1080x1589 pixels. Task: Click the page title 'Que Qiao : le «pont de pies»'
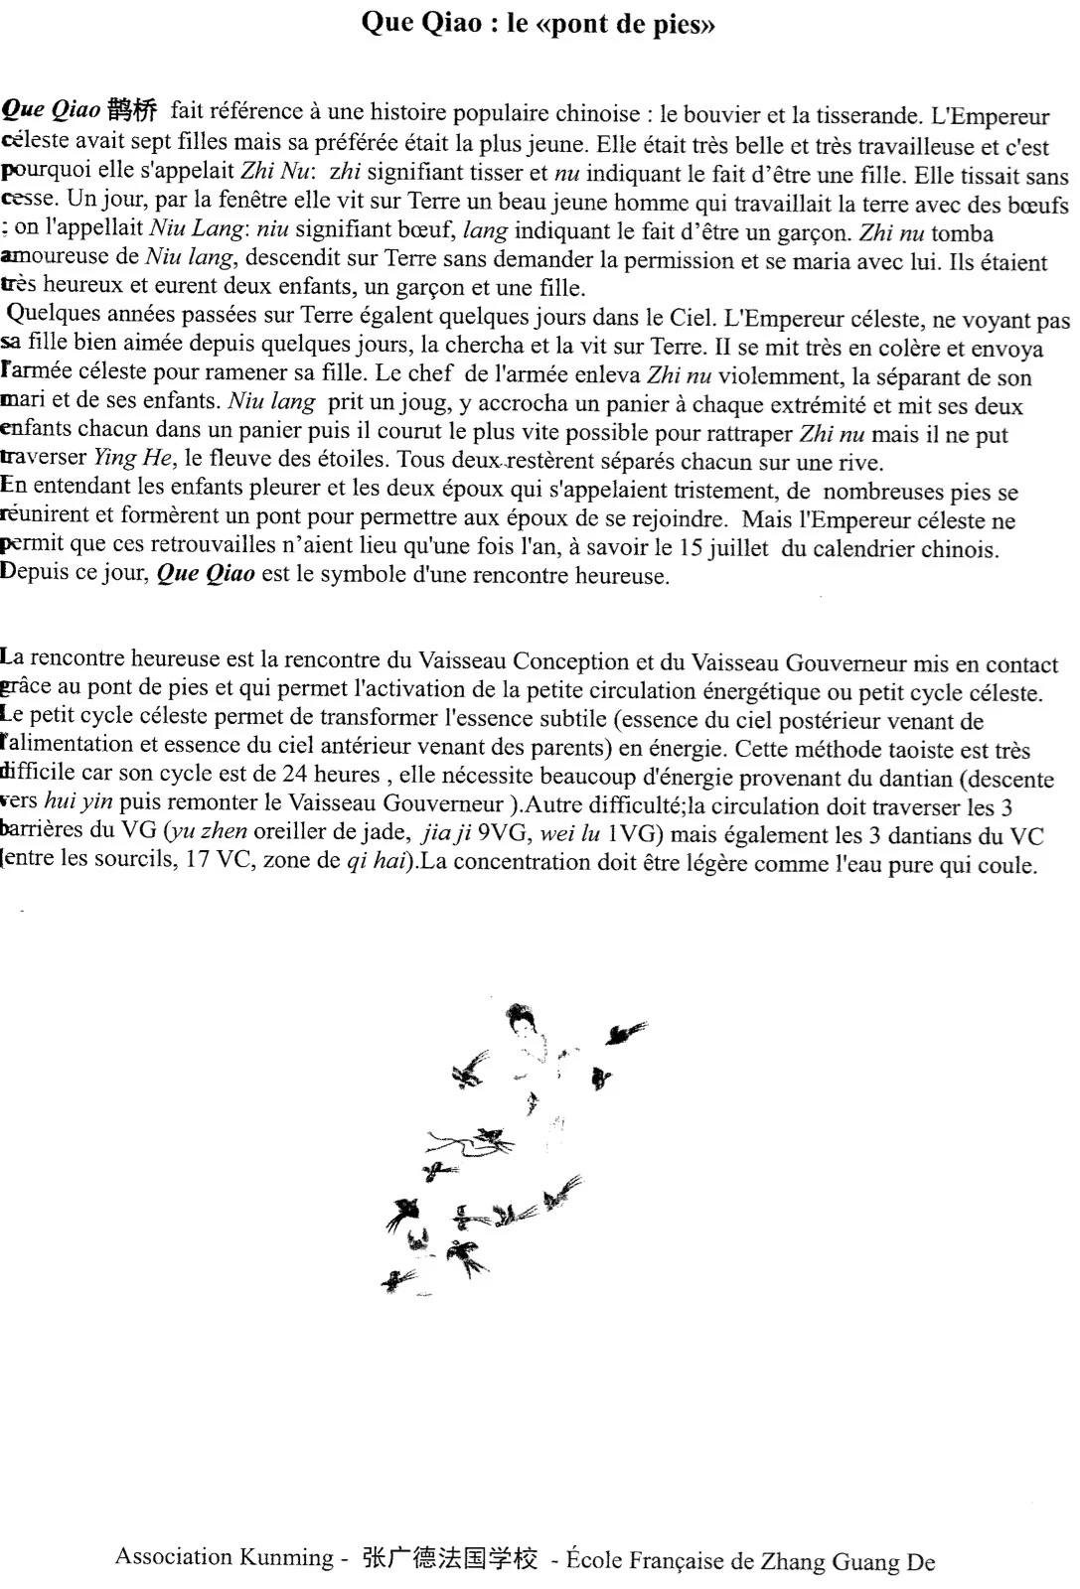(x=538, y=24)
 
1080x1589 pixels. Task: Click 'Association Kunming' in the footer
(x=224, y=1557)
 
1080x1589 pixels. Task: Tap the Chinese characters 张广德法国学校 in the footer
(x=449, y=1559)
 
